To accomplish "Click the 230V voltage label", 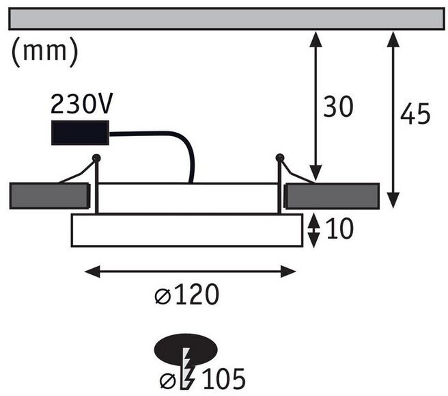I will coord(81,105).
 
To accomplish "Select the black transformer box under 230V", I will coord(81,133).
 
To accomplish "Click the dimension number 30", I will coord(338,107).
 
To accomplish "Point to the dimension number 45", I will coord(415,115).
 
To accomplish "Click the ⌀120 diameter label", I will coord(186,295).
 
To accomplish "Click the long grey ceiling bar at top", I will coord(226,19).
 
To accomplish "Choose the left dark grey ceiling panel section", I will coord(49,196).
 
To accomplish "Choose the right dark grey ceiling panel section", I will coord(332,196).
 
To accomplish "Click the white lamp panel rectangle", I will coord(186,230).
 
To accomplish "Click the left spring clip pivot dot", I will coord(96,159).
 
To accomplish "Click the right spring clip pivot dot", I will coord(279,158).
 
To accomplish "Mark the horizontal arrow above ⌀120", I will coord(190,272).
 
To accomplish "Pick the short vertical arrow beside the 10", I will coord(313,230).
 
